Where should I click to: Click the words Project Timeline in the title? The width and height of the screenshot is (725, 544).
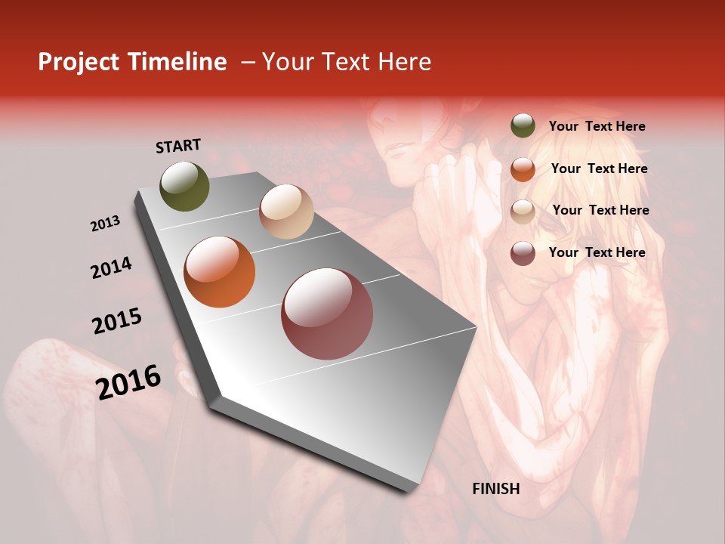[x=132, y=62]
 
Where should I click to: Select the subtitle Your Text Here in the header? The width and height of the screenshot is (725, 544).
[x=346, y=62]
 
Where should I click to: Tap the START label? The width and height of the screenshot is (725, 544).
[x=178, y=146]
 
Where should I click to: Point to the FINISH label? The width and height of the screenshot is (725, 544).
[x=496, y=489]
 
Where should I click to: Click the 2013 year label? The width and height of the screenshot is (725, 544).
[x=106, y=224]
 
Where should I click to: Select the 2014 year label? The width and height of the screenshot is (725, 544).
[x=112, y=267]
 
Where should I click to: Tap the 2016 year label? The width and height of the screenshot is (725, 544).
[x=128, y=382]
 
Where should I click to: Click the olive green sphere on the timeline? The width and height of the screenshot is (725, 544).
[x=185, y=187]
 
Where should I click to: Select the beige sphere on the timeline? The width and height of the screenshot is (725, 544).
[x=286, y=212]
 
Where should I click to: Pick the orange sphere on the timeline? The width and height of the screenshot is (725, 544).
[x=220, y=272]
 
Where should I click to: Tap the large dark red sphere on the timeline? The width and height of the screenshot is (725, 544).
[x=327, y=314]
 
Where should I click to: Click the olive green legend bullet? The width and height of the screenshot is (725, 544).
[x=523, y=126]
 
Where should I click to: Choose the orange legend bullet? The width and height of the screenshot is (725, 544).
[x=523, y=169]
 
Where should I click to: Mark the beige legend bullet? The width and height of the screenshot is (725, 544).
[x=523, y=211]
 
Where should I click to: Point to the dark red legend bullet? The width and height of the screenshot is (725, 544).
[x=523, y=253]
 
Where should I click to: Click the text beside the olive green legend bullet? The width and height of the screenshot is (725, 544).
[x=597, y=127]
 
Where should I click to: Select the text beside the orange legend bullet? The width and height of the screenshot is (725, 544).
[x=600, y=168]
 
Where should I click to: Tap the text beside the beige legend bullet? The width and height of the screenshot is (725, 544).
[x=601, y=210]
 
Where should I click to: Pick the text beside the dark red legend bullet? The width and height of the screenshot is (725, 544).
[x=597, y=252]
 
